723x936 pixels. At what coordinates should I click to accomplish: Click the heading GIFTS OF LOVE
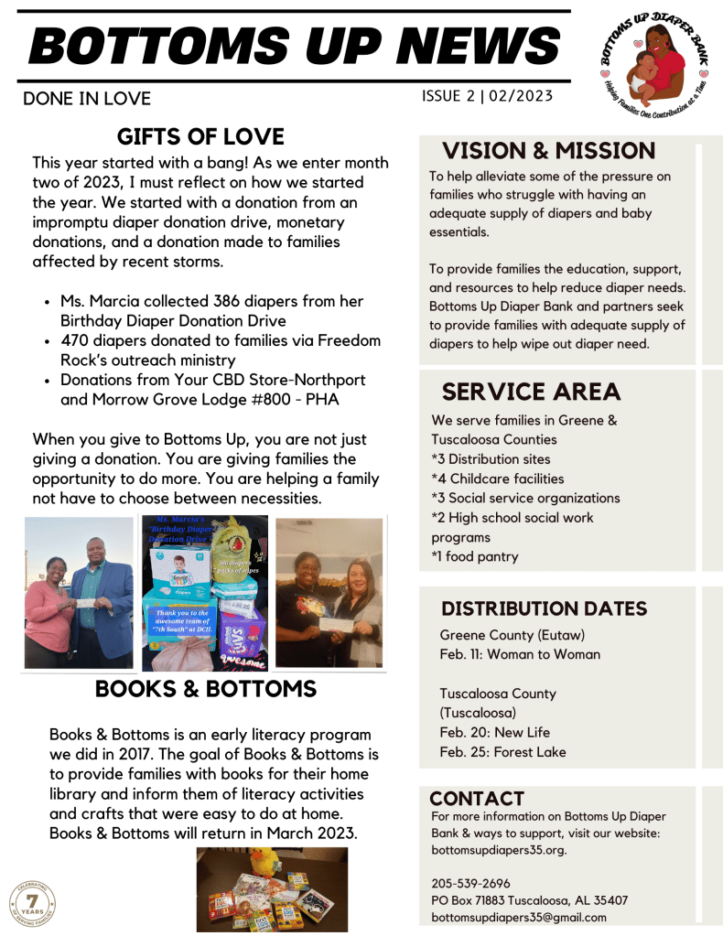tap(200, 137)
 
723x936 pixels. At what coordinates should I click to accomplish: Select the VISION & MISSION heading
tap(548, 151)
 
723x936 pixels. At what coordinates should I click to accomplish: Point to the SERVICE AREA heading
tap(531, 392)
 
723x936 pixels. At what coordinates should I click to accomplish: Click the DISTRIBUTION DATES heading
tap(544, 608)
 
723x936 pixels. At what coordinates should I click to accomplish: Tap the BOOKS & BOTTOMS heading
tap(206, 689)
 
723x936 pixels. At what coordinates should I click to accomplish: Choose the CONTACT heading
tap(477, 798)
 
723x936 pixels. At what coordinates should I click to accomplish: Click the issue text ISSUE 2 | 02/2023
tap(487, 96)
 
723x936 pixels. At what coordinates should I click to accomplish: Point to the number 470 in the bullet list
tap(74, 340)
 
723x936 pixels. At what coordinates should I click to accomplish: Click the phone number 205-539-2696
tap(470, 883)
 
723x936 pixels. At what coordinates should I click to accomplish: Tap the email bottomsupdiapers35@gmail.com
tap(518, 917)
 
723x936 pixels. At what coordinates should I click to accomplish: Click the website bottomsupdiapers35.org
tap(499, 849)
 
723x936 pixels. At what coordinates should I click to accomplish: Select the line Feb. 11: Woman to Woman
tap(520, 654)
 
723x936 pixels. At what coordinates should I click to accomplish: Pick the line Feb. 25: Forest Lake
tap(502, 752)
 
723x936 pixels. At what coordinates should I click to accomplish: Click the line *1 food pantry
tap(474, 556)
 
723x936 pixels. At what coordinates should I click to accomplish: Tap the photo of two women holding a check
tap(329, 593)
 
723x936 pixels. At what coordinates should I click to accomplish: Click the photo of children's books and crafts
tap(272, 889)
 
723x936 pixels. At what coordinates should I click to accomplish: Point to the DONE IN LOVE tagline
tap(87, 98)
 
